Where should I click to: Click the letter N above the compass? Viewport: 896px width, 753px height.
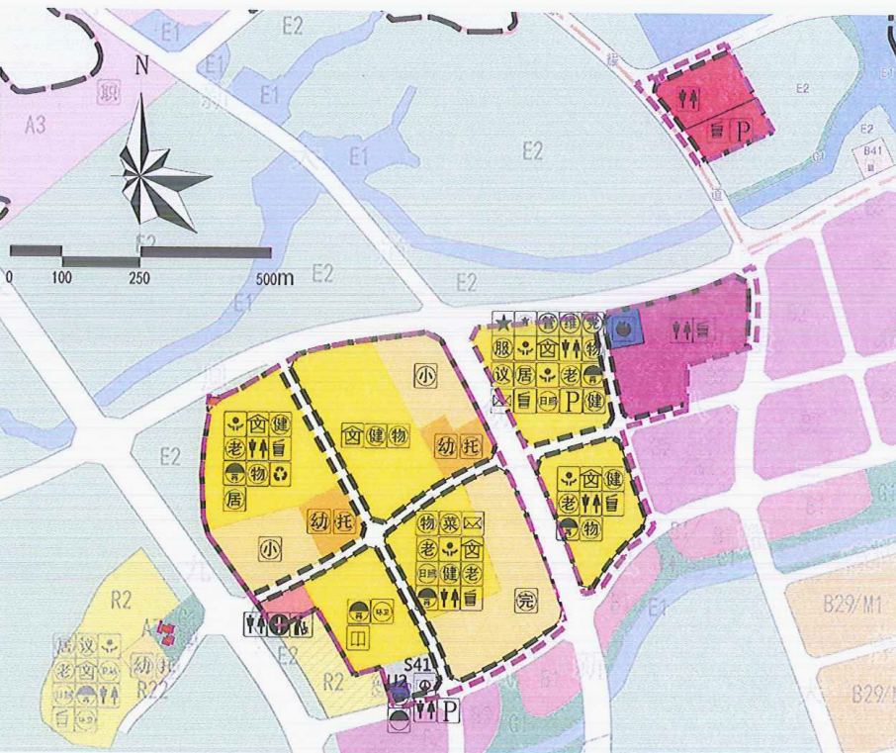[x=142, y=68]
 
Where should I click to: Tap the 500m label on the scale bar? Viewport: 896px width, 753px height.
[x=274, y=278]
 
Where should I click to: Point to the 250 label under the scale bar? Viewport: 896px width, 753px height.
[x=139, y=278]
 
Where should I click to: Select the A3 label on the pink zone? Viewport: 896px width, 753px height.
[x=37, y=127]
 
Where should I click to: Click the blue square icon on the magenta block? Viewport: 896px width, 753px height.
[x=625, y=328]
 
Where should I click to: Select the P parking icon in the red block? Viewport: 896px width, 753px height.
[x=737, y=131]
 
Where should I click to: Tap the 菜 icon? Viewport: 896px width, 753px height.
[x=450, y=522]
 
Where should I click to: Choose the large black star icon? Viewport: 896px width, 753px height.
[x=503, y=322]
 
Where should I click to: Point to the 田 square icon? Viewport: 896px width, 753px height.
[x=358, y=639]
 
